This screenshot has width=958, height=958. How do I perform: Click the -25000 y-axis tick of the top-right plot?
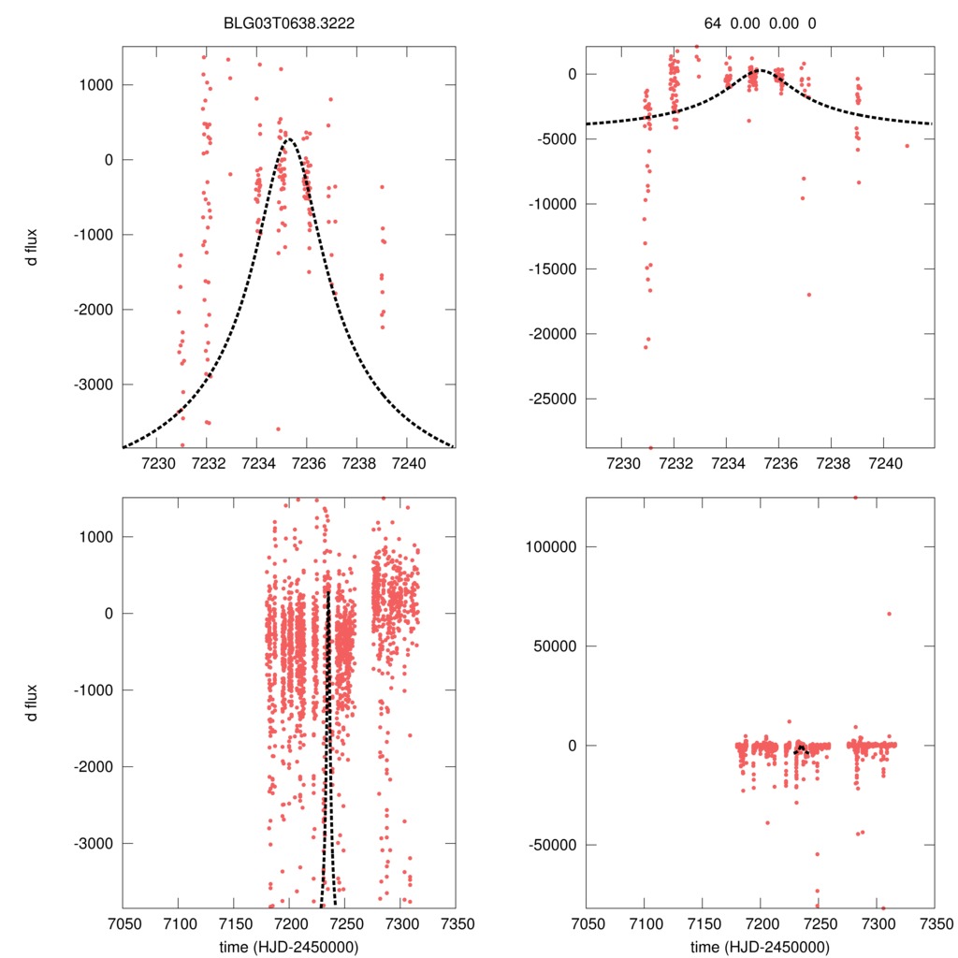[x=552, y=399]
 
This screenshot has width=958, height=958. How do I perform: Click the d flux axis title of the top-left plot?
[x=32, y=246]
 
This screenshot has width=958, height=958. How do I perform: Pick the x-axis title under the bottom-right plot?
[x=760, y=947]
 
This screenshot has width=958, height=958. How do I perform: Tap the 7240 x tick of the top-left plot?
[x=409, y=463]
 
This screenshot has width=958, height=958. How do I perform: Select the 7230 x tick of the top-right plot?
[x=622, y=463]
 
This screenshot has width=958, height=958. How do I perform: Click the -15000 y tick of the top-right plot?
[x=552, y=269]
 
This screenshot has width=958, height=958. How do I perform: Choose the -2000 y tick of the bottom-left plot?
[x=90, y=766]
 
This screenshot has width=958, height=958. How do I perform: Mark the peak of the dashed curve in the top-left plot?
[x=288, y=139]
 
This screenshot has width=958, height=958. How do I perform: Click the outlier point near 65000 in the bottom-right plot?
[x=889, y=614]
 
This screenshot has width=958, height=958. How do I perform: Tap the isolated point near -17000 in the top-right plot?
[x=808, y=295]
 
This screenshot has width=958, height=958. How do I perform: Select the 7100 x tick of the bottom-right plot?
[x=645, y=922]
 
